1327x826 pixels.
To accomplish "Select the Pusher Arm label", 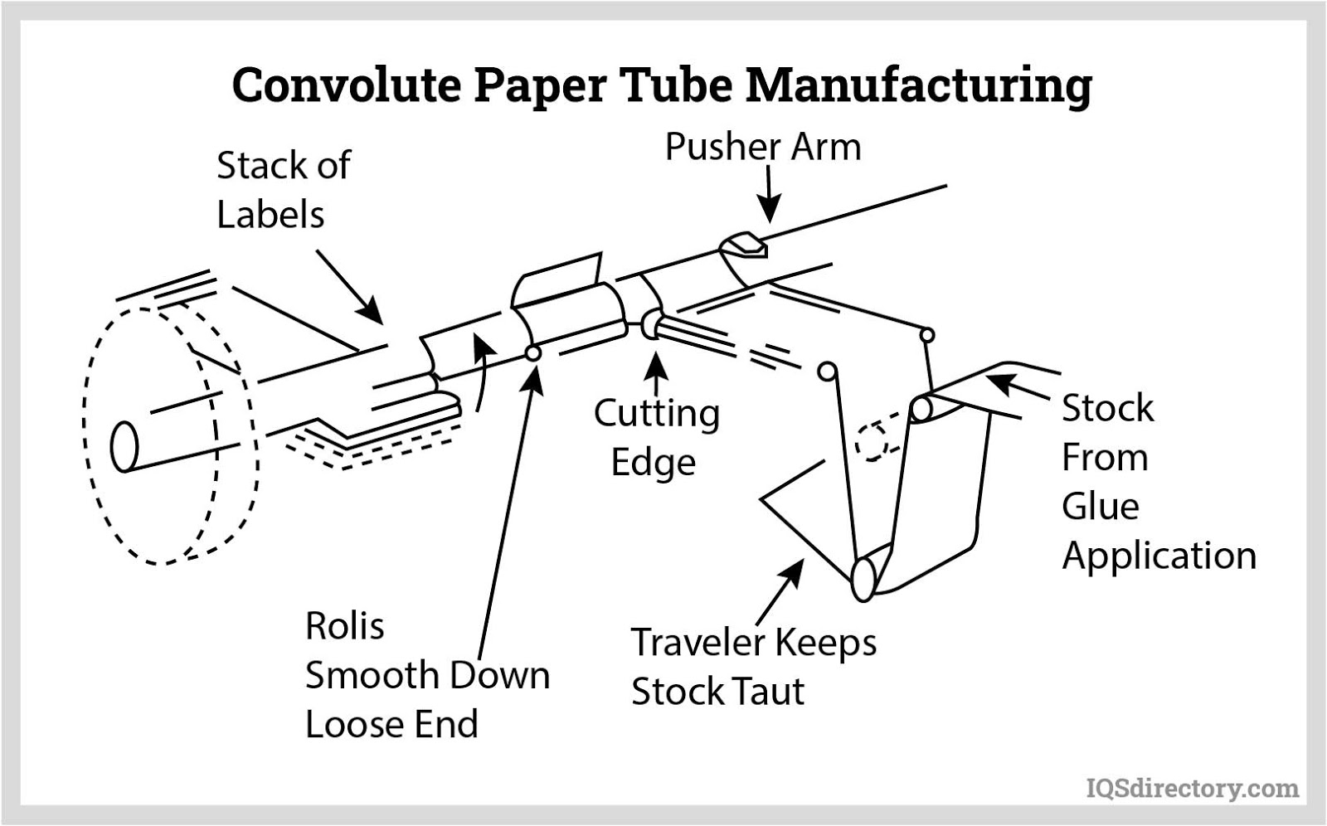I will pos(763,148).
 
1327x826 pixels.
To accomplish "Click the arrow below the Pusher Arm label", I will pos(769,194).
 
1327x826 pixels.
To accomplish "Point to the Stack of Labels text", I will pos(283,190).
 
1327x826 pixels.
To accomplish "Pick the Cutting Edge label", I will pos(656,437).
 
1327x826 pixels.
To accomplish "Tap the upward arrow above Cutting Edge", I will pos(657,372).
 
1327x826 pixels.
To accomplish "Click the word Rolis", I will pos(344,626).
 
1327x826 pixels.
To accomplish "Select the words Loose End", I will pos(391,724).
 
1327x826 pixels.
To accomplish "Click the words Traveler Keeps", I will pos(753,643).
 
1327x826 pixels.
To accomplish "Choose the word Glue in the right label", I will pos(1100,506).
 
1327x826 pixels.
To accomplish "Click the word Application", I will pos(1159,556).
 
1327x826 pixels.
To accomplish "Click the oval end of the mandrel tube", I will pos(124,446).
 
